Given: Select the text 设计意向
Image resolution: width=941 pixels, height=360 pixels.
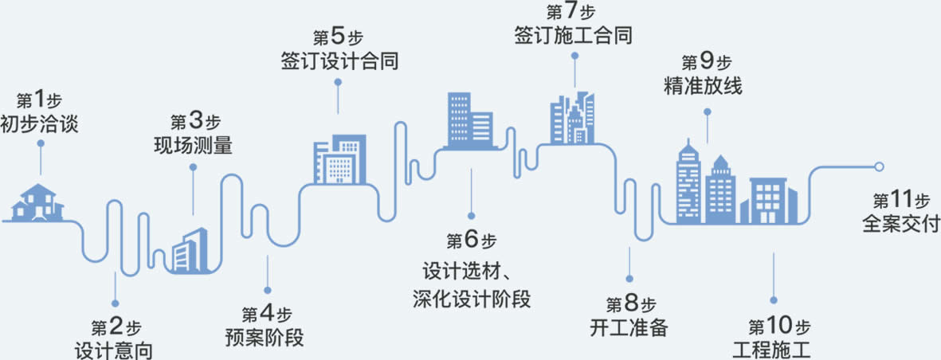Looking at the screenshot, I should tap(113, 349).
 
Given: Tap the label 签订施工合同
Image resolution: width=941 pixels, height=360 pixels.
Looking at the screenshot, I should tap(574, 36).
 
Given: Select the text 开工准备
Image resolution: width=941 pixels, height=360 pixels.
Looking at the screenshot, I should tap(629, 327).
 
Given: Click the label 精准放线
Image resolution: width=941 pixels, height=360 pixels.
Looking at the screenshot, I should tap(703, 84).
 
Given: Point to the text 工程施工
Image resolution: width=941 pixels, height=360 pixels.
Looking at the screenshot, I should tap(771, 348).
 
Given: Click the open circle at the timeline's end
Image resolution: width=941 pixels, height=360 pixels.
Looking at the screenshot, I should tap(879, 166).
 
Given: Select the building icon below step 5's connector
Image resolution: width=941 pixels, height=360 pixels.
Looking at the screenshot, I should tap(339, 159).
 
